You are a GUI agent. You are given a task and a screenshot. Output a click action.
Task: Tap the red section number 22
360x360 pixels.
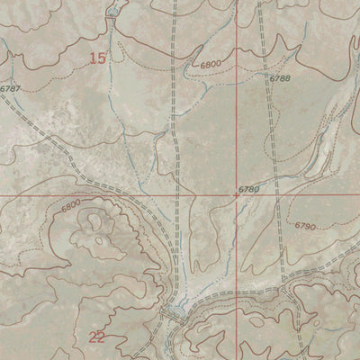(98, 337)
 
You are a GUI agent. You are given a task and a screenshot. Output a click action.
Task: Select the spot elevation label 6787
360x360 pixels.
(10, 88)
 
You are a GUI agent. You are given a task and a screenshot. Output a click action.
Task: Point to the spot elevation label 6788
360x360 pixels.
(279, 80)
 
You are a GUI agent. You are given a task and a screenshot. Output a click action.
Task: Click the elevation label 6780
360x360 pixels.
(249, 189)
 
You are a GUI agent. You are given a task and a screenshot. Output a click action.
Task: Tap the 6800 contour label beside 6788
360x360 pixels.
(211, 65)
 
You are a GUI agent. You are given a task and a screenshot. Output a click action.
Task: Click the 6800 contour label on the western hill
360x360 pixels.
(71, 208)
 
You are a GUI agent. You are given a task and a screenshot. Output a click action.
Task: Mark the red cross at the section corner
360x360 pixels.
(237, 194)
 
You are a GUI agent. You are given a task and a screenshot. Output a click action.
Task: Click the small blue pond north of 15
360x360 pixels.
(112, 13)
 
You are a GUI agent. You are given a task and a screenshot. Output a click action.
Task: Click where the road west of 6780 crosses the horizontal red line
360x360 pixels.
(173, 194)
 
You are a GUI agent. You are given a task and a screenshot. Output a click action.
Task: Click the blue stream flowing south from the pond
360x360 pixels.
(115, 54)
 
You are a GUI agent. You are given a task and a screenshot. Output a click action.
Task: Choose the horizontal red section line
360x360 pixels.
(90, 194)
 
